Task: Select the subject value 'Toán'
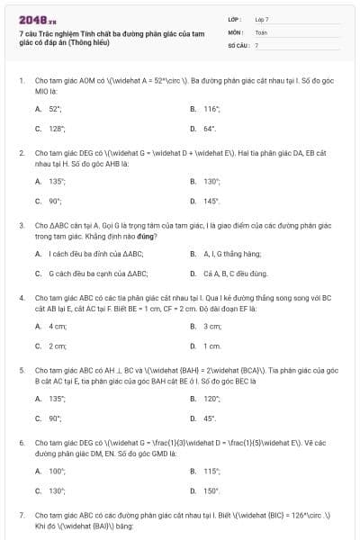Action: point(261,31)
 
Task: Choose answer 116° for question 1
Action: point(212,108)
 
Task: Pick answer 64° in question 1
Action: point(210,129)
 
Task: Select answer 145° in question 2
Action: point(211,202)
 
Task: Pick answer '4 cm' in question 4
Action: point(58,326)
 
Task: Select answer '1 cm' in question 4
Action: point(212,346)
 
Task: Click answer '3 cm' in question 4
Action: point(212,326)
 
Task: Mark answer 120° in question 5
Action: point(212,398)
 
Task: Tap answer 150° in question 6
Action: point(212,490)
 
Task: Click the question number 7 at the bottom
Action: point(21,515)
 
